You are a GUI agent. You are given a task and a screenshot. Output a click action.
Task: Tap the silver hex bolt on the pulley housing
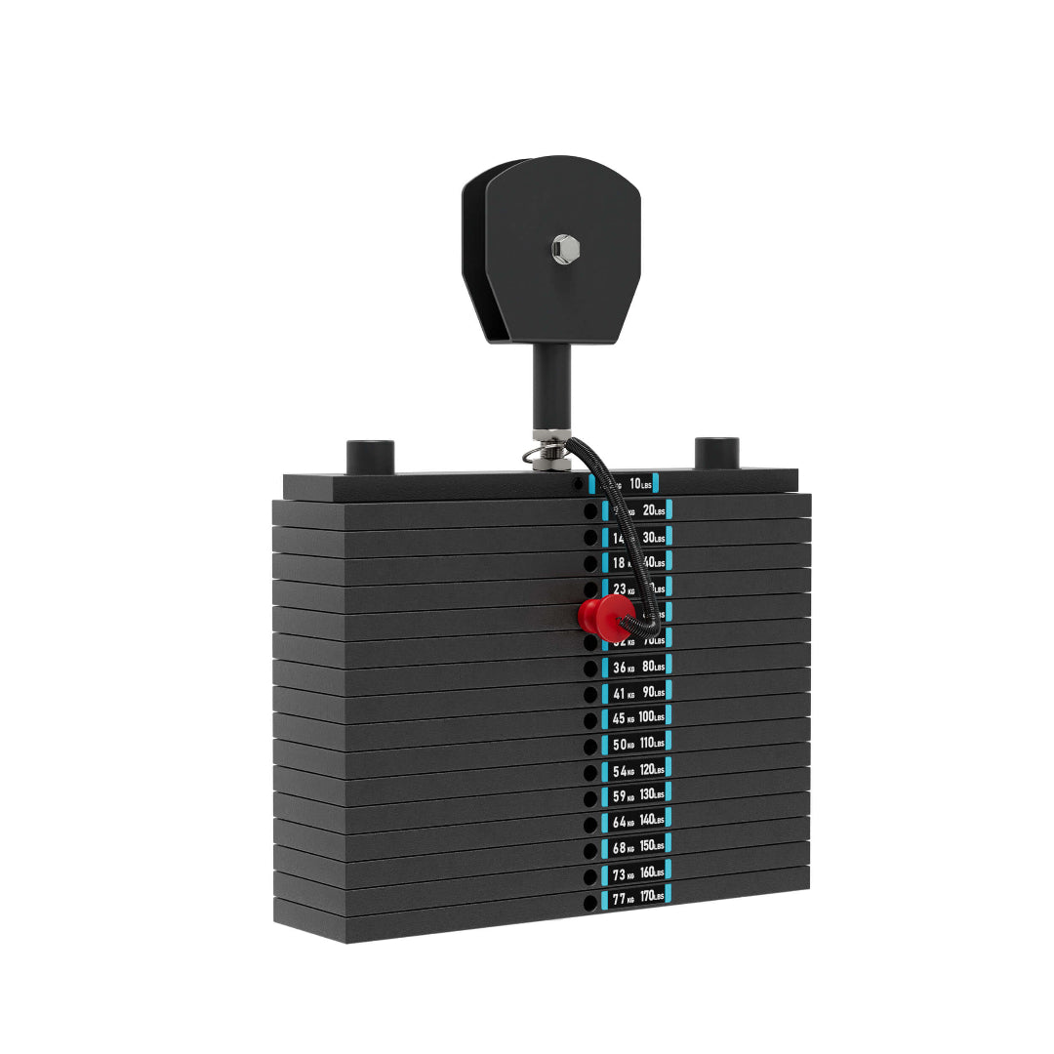pyautogui.click(x=563, y=249)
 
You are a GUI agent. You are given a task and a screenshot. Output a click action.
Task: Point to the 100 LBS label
pyautogui.click(x=652, y=717)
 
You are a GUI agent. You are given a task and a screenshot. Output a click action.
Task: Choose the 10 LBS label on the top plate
pyautogui.click(x=640, y=483)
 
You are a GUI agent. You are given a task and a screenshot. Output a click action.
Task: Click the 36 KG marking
pyautogui.click(x=622, y=667)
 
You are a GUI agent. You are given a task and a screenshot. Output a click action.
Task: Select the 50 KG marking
pyautogui.click(x=622, y=746)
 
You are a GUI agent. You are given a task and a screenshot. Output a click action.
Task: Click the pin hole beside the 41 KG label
pyautogui.click(x=589, y=694)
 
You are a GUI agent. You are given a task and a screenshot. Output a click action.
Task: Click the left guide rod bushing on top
pyautogui.click(x=370, y=456)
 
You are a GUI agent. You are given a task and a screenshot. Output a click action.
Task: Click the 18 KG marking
pyautogui.click(x=622, y=563)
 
